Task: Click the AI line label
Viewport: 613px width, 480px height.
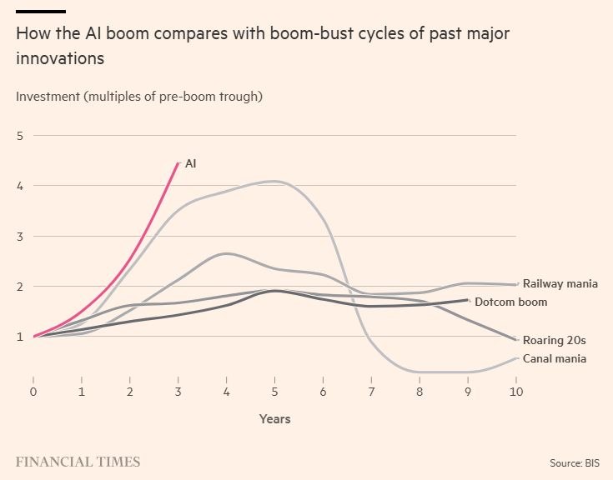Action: [x=190, y=163]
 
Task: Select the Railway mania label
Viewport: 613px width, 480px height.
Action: [x=560, y=283]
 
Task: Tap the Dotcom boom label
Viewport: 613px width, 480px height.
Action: [x=511, y=302]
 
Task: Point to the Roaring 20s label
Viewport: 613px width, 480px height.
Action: [x=555, y=340]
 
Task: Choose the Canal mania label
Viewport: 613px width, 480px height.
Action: [x=555, y=358]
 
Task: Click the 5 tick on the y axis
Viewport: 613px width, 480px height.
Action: [x=20, y=136]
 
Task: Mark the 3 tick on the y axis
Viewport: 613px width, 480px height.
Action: [x=20, y=237]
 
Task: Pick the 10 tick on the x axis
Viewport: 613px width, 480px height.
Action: [x=516, y=392]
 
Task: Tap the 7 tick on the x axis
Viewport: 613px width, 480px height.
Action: [x=371, y=392]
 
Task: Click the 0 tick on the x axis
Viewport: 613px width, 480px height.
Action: [x=33, y=392]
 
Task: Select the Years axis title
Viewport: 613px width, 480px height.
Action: [x=275, y=419]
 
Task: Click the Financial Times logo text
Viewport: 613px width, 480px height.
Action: [x=78, y=462]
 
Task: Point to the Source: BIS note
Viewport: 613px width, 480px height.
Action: [x=575, y=462]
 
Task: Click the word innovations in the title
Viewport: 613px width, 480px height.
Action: [x=60, y=58]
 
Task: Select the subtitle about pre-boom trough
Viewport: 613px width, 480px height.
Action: [x=139, y=96]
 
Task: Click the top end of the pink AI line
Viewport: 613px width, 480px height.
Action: [x=178, y=162]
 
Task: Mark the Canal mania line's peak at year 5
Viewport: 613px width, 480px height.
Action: [x=275, y=181]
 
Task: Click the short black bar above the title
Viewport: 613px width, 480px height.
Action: [x=41, y=12]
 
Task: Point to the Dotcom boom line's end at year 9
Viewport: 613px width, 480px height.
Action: [x=468, y=299]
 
